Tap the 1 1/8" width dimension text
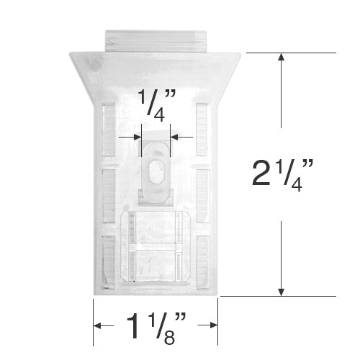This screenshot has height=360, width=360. [x=156, y=328]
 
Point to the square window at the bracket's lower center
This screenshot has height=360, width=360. [x=156, y=245]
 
